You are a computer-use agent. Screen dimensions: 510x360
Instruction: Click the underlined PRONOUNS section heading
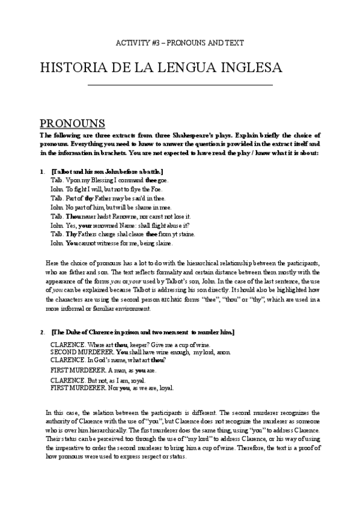pyautogui.click(x=72, y=123)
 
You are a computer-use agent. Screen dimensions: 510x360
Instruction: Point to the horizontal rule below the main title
pyautogui.click(x=180, y=85)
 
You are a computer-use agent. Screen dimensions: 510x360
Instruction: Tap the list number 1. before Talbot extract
pyautogui.click(x=43, y=171)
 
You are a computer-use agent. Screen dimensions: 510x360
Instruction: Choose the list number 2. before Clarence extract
pyautogui.click(x=43, y=333)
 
